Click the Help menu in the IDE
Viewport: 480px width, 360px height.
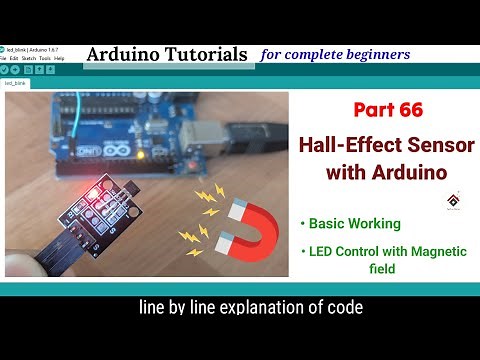tap(59, 58)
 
